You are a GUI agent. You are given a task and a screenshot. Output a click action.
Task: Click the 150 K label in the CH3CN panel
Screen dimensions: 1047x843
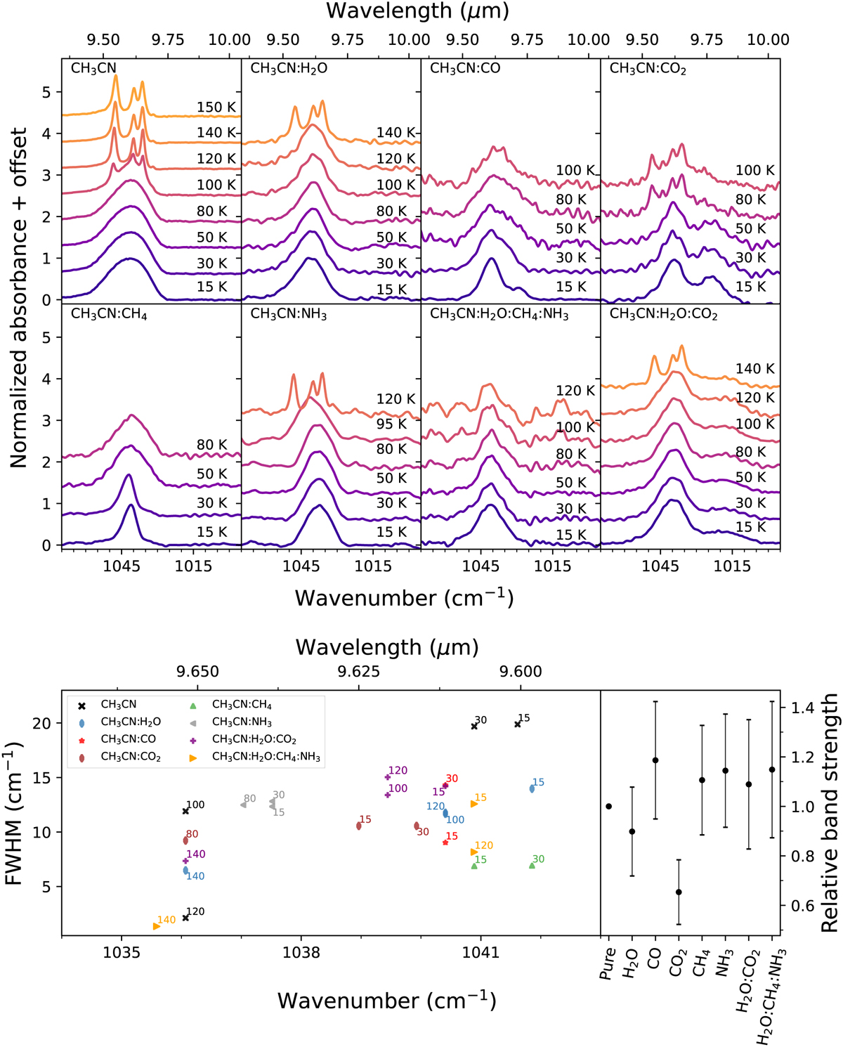coord(216,108)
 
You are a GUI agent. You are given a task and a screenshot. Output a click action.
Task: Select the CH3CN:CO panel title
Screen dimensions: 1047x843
coord(465,69)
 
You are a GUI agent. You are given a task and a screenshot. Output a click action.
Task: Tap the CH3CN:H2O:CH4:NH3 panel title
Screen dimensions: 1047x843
coord(499,314)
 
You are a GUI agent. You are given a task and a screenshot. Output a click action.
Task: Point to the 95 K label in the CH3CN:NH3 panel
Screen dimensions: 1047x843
coord(391,424)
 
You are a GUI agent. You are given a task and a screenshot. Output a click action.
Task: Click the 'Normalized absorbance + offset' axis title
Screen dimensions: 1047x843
coord(18,298)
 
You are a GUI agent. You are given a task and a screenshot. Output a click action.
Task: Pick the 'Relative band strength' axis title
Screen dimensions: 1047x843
coord(830,813)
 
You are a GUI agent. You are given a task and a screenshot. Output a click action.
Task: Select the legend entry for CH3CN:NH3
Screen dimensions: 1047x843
coord(242,722)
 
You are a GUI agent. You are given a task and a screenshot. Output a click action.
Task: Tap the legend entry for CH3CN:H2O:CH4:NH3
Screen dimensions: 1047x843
coord(266,757)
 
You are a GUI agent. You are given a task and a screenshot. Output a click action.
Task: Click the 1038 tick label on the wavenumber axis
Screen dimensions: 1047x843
coord(301,953)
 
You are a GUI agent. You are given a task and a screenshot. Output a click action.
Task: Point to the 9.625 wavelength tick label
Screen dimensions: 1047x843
coord(358,672)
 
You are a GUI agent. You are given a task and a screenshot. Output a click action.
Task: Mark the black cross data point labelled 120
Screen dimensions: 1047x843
coord(185,918)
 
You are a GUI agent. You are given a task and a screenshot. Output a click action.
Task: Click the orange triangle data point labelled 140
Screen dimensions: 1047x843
coord(157,926)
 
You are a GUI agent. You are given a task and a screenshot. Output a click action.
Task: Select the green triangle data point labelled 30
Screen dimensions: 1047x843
coord(532,865)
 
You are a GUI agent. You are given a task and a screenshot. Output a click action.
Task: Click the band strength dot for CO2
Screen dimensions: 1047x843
coord(679,892)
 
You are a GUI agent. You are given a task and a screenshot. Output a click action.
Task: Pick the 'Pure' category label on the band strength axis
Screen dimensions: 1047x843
coord(608,963)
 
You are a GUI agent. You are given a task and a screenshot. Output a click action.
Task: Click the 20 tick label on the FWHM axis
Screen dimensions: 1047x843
coord(44,723)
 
